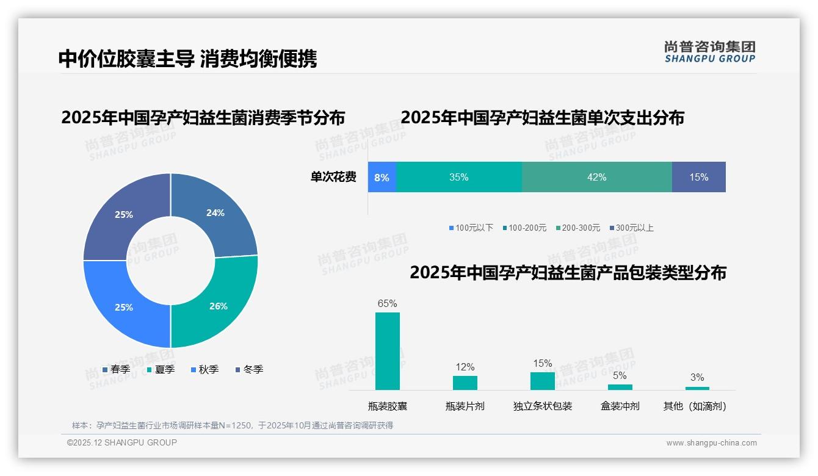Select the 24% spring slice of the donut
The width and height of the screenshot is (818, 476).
215,213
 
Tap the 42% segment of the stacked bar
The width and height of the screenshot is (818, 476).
596,177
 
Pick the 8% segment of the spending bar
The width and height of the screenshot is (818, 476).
382,177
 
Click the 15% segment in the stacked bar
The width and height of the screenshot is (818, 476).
698,177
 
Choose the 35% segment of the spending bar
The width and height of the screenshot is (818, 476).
458,177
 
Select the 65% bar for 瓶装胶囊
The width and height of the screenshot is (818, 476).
387,351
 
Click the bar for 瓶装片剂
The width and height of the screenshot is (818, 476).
465,383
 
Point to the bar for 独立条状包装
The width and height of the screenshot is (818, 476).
542,381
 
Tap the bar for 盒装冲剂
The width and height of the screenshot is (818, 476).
620,387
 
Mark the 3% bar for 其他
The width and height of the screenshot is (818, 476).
697,388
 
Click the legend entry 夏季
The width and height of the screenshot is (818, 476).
161,369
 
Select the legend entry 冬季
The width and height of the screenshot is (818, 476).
248,369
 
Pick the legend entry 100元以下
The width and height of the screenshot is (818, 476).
471,228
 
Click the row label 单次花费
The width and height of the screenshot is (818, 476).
333,177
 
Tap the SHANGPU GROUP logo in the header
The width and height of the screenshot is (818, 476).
709,52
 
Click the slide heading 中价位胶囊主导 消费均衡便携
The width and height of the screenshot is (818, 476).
187,59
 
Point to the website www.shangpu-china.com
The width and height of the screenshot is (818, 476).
711,443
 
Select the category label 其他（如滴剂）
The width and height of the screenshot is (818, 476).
695,406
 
